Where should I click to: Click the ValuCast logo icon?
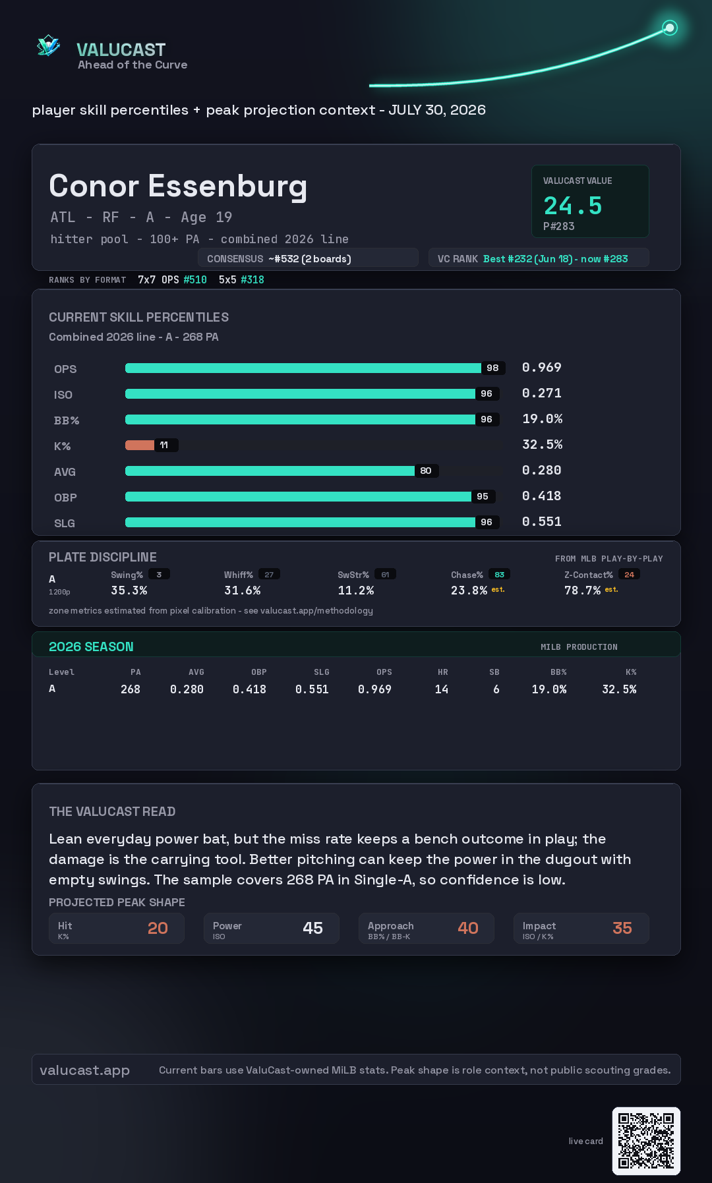tap(48, 45)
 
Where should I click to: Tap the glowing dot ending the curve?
tap(670, 28)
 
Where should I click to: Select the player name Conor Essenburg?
tap(178, 187)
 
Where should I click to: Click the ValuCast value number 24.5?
tap(573, 206)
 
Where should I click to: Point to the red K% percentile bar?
tap(140, 445)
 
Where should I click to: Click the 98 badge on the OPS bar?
tap(492, 368)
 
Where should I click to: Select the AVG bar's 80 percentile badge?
tap(426, 471)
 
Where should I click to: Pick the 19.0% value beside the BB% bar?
tap(543, 418)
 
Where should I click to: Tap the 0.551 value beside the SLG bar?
tap(542, 521)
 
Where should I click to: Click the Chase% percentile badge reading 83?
tap(500, 575)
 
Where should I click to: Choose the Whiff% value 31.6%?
tap(243, 591)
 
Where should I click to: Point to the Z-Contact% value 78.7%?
tap(583, 591)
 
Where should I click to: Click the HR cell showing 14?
tap(442, 689)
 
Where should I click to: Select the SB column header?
tap(494, 672)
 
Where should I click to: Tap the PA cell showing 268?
tap(131, 689)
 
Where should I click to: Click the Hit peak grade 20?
tap(158, 928)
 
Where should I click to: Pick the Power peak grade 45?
tap(313, 928)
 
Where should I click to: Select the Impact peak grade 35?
tap(622, 928)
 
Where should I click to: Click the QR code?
tap(646, 1141)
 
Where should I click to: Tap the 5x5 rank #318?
tap(252, 279)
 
